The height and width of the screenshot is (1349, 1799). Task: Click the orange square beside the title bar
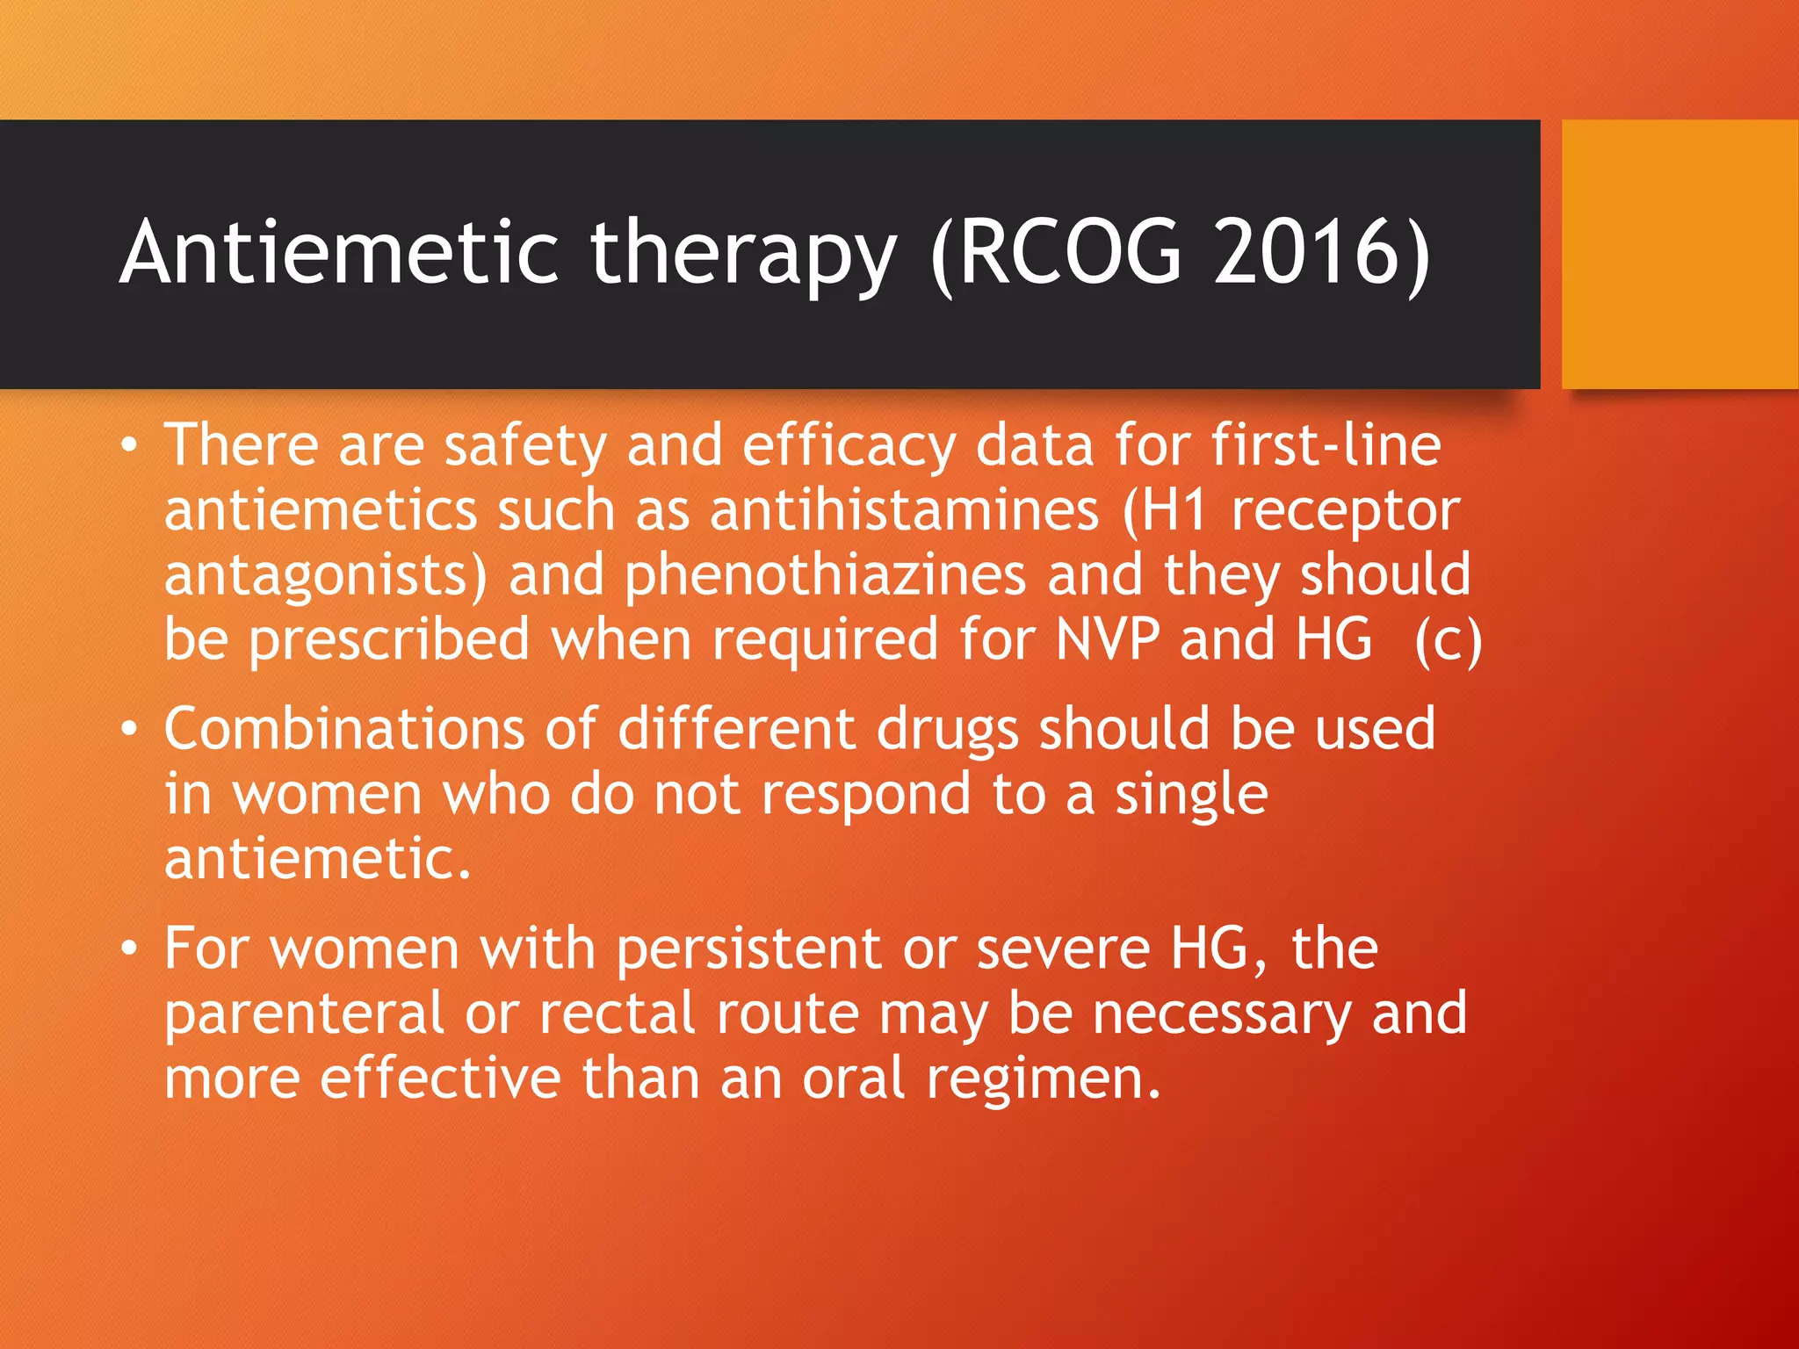point(1680,255)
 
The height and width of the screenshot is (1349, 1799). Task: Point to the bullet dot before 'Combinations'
point(130,730)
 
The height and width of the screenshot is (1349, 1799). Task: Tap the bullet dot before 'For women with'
point(130,949)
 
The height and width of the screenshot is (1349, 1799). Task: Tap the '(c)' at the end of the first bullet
point(1448,640)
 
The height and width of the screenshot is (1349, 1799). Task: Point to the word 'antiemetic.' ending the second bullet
point(318,858)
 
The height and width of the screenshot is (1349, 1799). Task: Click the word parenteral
point(304,1014)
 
